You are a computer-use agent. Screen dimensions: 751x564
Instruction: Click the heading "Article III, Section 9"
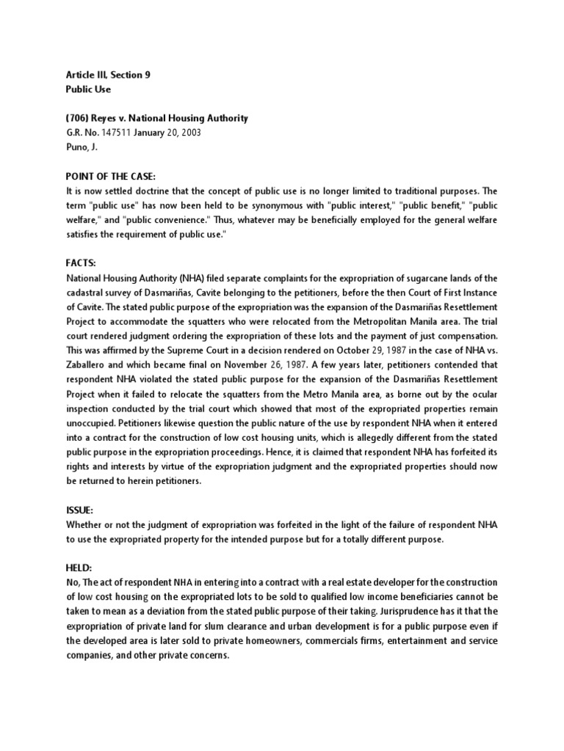coord(109,75)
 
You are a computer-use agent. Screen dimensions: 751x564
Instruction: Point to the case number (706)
coord(78,118)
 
